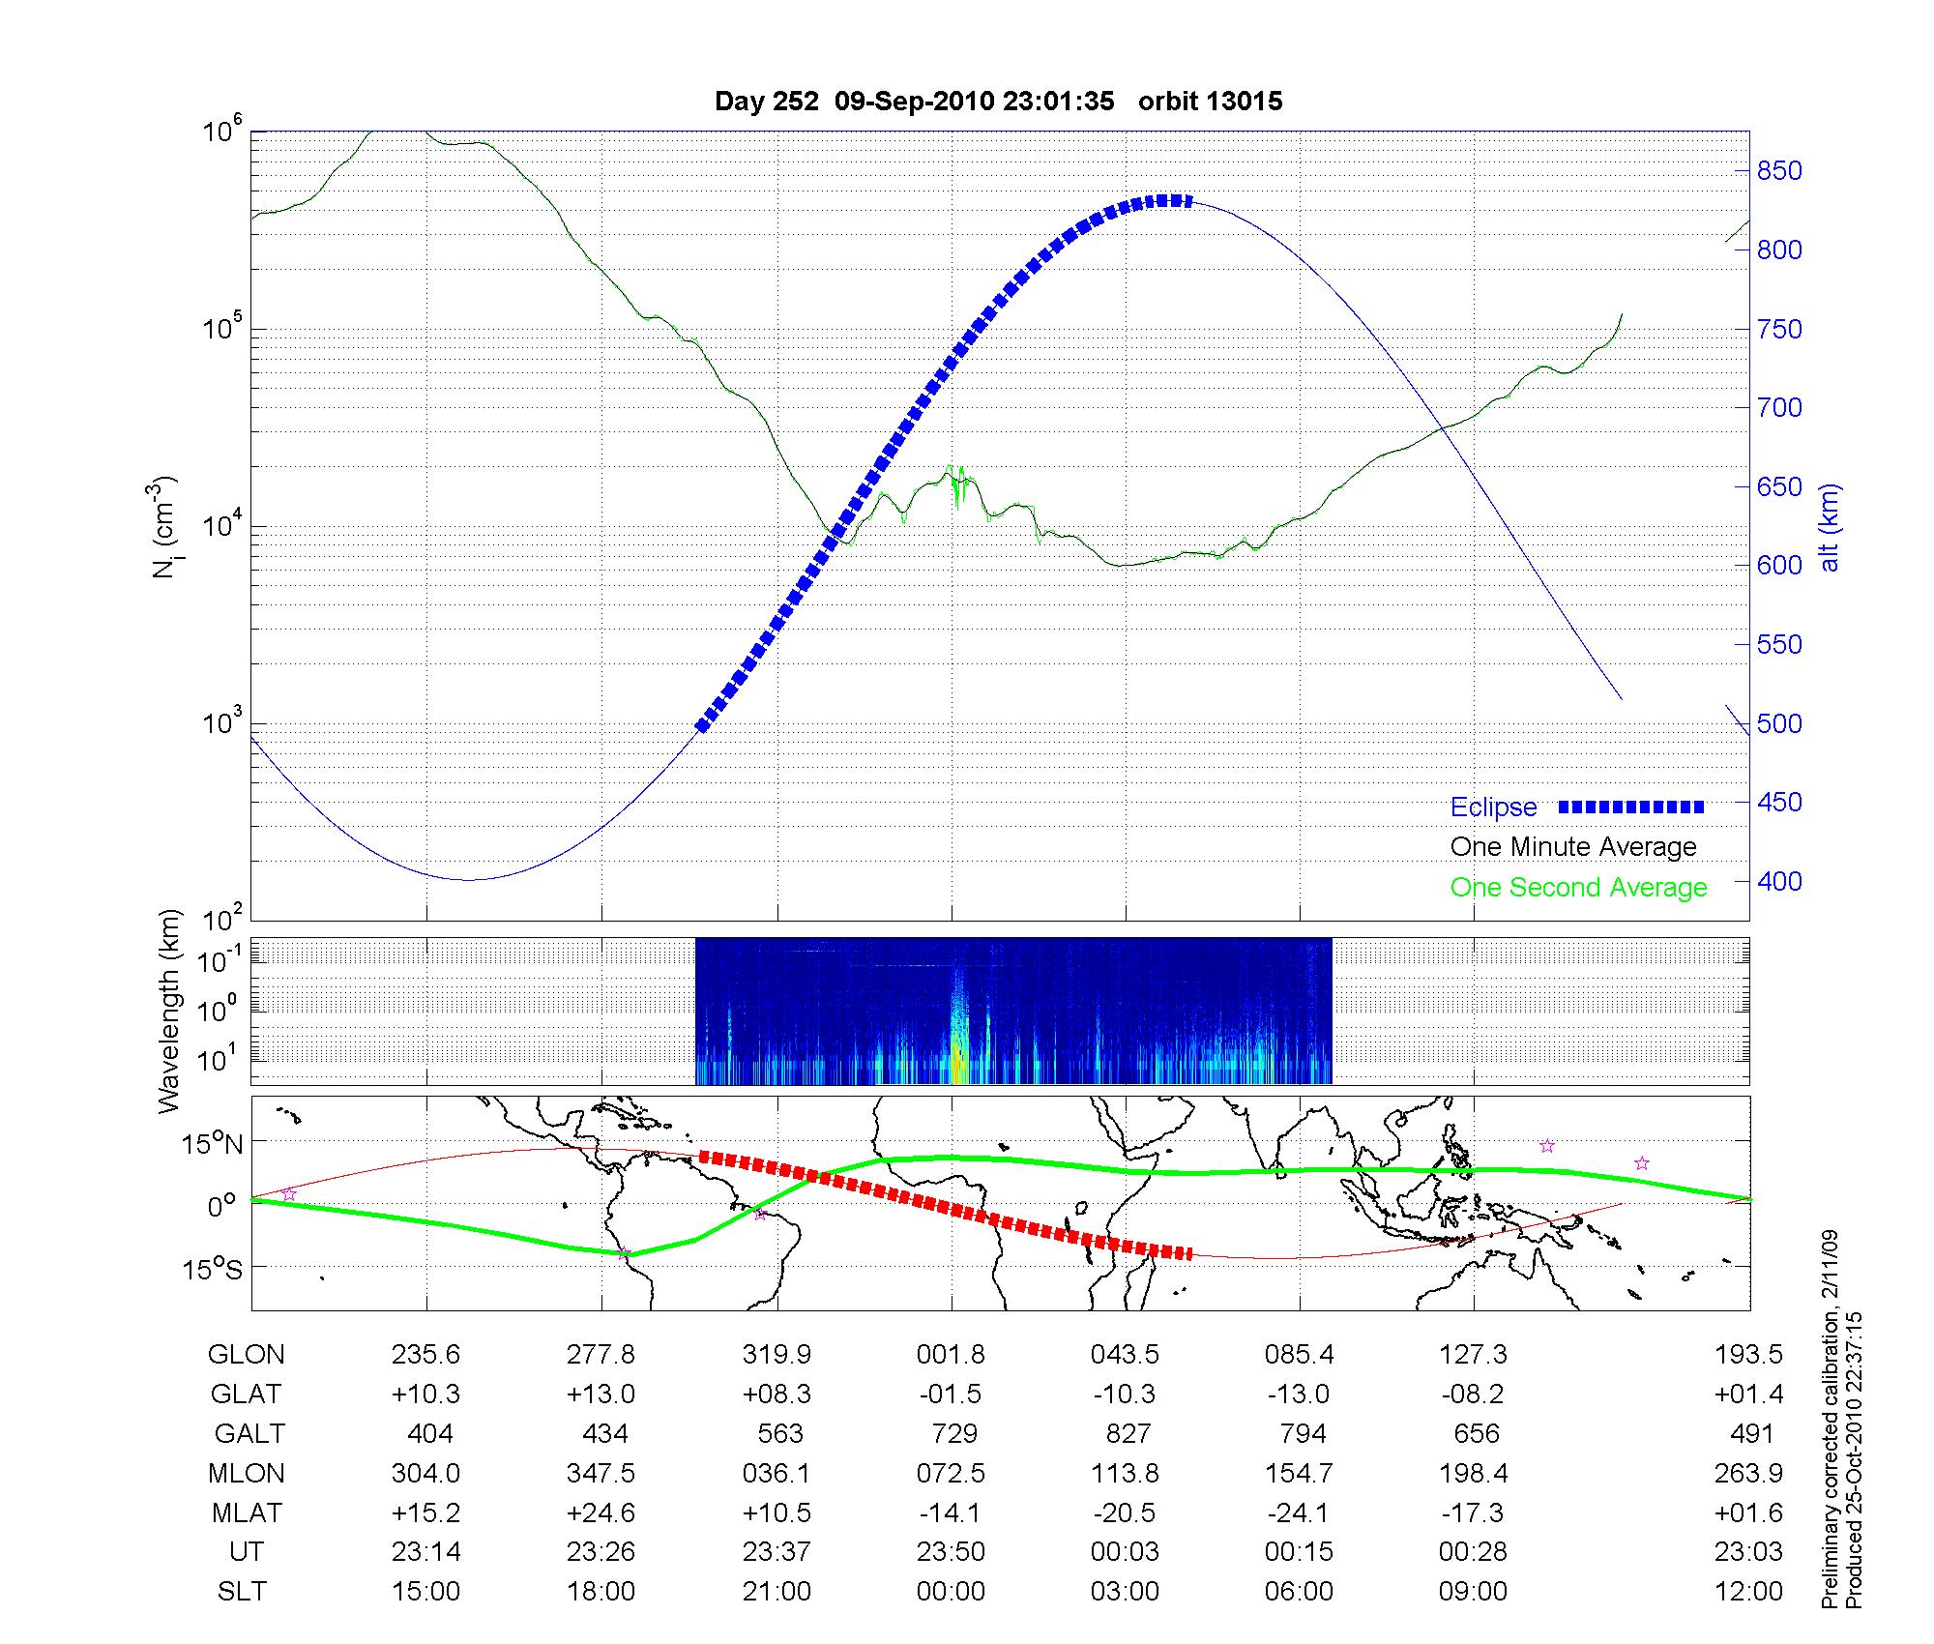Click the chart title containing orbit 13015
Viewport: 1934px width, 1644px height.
998,102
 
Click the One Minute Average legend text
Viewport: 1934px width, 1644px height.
1573,847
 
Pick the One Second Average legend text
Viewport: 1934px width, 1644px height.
1578,888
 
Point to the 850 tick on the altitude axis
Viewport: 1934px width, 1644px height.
1779,171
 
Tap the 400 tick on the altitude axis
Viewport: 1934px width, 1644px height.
1779,881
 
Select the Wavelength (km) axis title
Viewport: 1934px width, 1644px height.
170,1012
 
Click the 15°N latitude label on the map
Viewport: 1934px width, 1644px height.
212,1145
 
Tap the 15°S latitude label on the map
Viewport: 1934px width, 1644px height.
212,1268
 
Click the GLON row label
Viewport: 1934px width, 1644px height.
246,1355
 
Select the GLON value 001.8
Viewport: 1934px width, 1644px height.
951,1355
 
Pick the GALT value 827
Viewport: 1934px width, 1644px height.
1128,1433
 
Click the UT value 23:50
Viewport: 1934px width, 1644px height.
951,1552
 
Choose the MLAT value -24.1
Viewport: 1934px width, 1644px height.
1300,1512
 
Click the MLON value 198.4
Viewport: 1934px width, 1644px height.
1473,1474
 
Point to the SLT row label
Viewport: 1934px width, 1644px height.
242,1592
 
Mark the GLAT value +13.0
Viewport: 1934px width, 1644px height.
601,1394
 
